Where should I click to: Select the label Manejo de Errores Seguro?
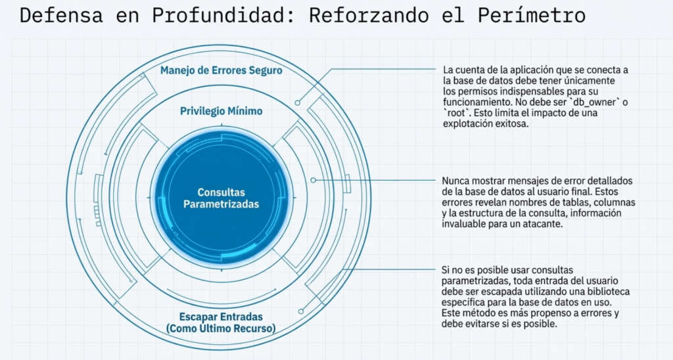tap(221, 70)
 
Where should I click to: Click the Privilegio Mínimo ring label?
tap(221, 111)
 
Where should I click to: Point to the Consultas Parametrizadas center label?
tap(221, 198)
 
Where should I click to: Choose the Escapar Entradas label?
tap(221, 316)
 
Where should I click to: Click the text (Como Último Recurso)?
tap(221, 328)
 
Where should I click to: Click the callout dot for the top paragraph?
tap(298, 103)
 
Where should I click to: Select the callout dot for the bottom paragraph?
tap(300, 311)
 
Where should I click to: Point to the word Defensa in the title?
tap(61, 16)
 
